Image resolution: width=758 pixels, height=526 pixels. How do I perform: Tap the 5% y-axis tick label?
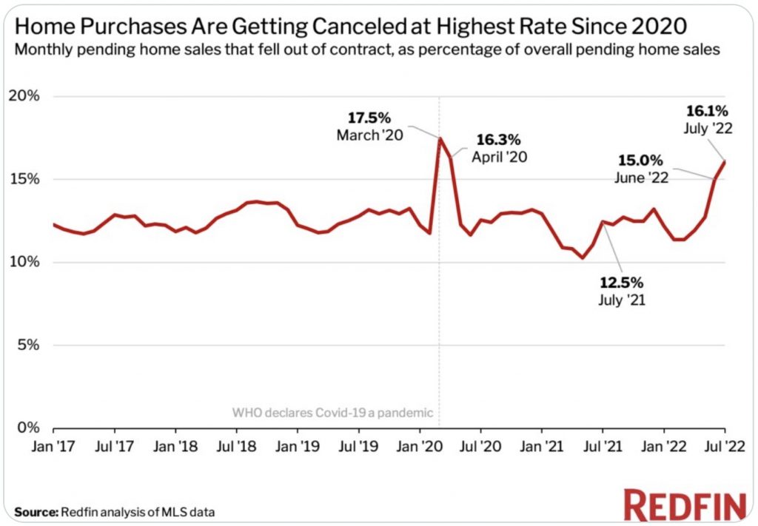click(x=29, y=345)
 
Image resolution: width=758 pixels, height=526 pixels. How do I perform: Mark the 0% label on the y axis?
click(x=29, y=428)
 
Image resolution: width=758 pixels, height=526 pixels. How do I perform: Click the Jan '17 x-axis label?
click(x=53, y=447)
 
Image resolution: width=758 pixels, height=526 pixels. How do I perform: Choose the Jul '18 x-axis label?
click(x=237, y=447)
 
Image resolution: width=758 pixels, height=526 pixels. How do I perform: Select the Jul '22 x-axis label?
click(x=725, y=447)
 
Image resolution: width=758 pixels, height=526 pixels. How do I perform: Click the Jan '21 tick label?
click(x=542, y=447)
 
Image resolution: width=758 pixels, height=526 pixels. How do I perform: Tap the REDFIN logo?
click(x=684, y=506)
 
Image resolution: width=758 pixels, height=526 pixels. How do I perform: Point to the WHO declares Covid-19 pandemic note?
click(x=332, y=413)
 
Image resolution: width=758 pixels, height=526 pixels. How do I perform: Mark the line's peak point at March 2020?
click(x=440, y=138)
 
